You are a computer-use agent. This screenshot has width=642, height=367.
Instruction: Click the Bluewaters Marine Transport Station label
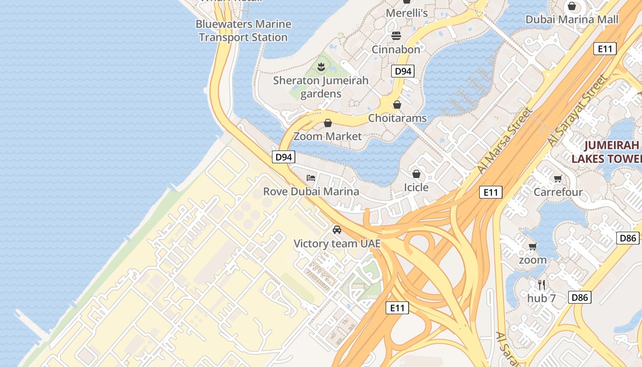click(243, 31)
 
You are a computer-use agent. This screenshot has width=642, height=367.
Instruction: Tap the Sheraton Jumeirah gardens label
click(321, 87)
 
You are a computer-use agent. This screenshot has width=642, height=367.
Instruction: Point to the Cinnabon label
click(396, 50)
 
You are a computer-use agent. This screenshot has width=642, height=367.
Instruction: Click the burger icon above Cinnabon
click(396, 35)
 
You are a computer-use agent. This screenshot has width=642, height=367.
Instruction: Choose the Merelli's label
click(406, 13)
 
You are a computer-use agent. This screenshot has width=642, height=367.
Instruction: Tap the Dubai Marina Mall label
click(572, 19)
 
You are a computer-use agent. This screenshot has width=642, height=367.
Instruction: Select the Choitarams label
click(398, 118)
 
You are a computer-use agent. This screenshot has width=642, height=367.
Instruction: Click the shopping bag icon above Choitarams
click(397, 105)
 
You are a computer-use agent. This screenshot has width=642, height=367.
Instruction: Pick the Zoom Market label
click(327, 136)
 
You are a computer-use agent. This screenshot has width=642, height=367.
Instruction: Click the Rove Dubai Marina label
click(311, 191)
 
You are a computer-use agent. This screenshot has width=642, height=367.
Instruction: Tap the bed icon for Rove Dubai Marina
click(311, 178)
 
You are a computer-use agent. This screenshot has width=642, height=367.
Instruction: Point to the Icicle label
click(416, 187)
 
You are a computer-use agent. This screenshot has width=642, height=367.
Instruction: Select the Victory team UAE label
click(337, 244)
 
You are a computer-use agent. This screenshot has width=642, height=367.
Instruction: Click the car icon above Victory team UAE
click(337, 230)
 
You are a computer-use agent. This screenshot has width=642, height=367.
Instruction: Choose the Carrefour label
click(558, 192)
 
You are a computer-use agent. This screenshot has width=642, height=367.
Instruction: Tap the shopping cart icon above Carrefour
click(558, 178)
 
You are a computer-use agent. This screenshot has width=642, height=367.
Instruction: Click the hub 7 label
click(542, 298)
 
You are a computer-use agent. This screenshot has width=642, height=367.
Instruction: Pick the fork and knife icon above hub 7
click(542, 284)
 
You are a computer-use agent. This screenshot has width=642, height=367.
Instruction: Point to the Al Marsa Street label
click(505, 140)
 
